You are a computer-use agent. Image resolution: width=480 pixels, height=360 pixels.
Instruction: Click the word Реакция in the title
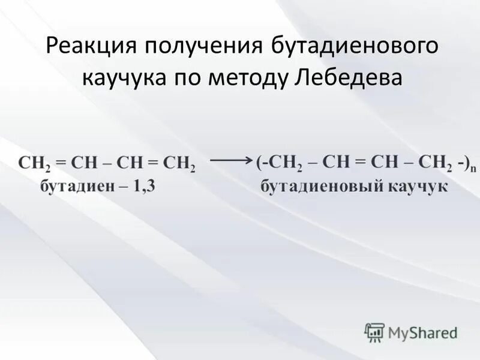tap(82, 47)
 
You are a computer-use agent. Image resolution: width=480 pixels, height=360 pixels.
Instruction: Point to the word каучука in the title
tap(122, 79)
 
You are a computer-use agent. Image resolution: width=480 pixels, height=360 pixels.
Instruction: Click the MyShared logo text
tap(422, 331)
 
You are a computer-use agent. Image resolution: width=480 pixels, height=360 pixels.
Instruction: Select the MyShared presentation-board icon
tap(374, 332)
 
